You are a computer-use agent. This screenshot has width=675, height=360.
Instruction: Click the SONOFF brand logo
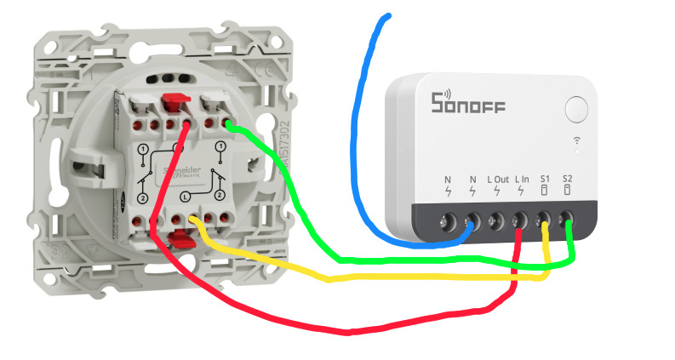tap(468, 104)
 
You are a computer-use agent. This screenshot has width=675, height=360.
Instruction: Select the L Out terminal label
tap(498, 180)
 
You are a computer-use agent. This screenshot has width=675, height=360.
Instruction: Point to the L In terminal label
tap(522, 180)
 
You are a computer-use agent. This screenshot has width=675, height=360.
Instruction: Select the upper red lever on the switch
tap(174, 104)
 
